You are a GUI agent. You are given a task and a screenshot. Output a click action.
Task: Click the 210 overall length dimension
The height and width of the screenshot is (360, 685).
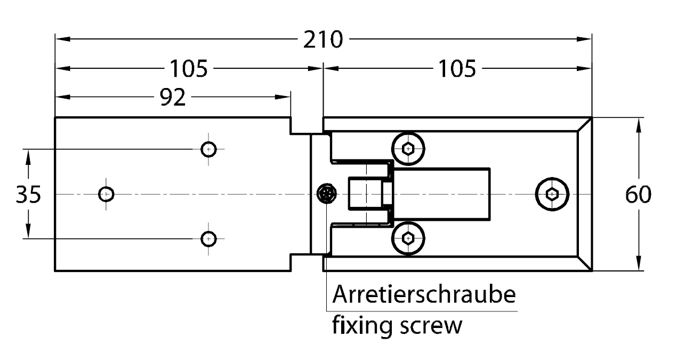(323, 39)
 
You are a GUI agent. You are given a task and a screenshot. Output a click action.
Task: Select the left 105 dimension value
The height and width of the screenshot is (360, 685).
(188, 68)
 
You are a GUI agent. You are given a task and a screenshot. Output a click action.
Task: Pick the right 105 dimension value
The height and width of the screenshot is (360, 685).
(457, 68)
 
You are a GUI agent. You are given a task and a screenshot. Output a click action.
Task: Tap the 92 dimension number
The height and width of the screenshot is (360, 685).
(173, 97)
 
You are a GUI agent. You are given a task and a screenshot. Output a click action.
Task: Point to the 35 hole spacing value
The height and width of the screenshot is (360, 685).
(28, 194)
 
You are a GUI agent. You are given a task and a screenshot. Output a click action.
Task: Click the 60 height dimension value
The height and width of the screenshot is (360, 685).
(638, 194)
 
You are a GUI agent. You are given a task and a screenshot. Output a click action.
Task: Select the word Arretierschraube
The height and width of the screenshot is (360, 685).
(424, 294)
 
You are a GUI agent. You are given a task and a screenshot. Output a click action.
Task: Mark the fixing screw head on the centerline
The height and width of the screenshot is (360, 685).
(327, 194)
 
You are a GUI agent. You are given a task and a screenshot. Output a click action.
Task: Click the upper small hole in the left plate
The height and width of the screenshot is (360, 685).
(208, 149)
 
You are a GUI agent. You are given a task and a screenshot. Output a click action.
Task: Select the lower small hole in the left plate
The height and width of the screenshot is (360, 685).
(208, 239)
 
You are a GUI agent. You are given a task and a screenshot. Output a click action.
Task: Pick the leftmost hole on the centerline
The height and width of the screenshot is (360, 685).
(106, 194)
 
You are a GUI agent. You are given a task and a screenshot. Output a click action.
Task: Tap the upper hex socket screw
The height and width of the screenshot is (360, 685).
(408, 149)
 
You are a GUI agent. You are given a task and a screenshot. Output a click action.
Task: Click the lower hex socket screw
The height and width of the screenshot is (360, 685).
(408, 238)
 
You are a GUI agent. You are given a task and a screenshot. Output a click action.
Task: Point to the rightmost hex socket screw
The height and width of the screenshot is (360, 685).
(552, 194)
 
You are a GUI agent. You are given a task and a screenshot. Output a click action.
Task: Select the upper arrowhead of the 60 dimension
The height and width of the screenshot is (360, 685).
(638, 125)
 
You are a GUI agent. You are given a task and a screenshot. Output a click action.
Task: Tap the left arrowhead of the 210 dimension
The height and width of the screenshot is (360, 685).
(63, 39)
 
